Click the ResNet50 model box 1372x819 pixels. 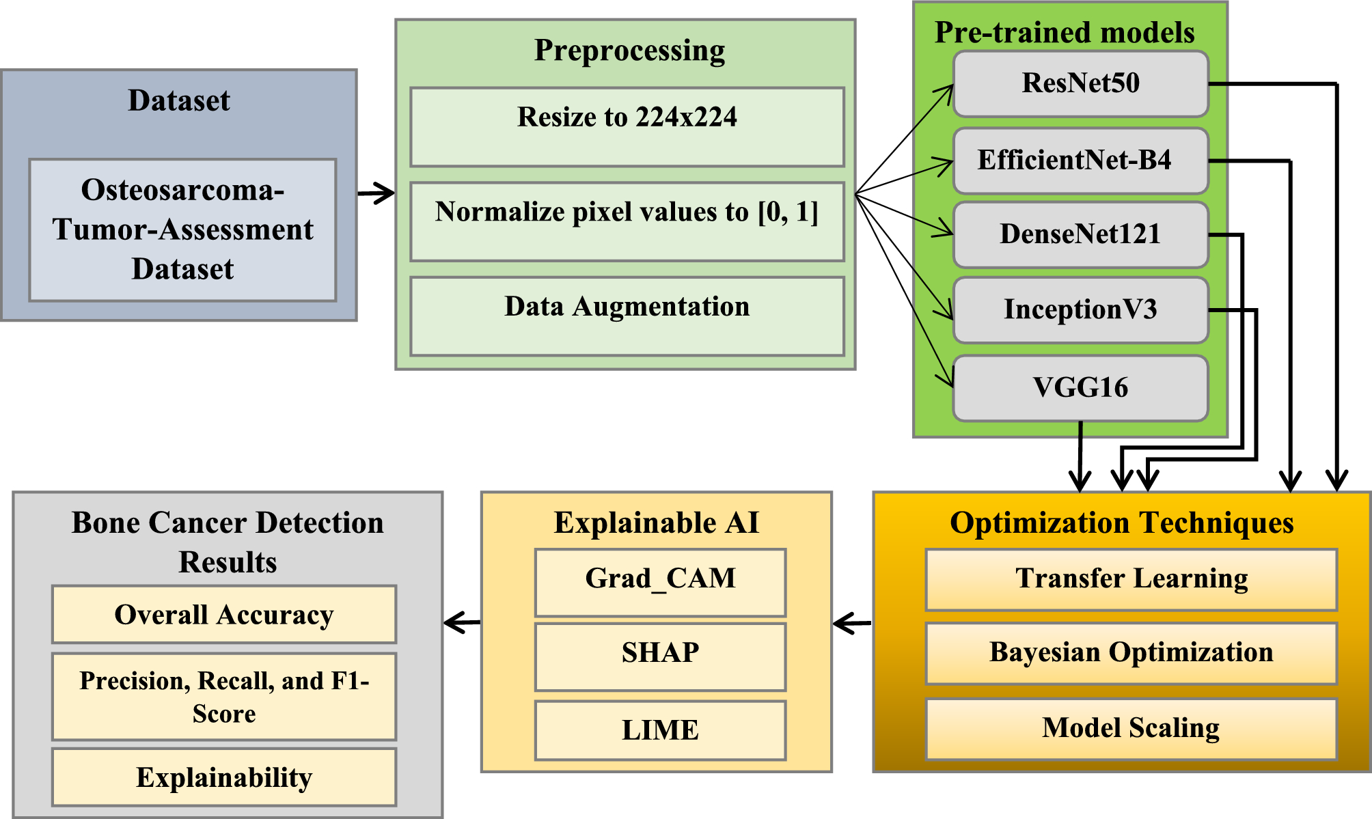click(1080, 84)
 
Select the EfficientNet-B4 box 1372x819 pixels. click(1080, 161)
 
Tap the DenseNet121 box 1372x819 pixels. click(1080, 234)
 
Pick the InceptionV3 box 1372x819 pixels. click(1080, 309)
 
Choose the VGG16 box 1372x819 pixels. click(1080, 388)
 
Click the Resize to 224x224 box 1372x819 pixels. click(627, 127)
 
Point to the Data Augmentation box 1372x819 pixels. click(627, 316)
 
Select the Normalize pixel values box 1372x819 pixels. click(627, 221)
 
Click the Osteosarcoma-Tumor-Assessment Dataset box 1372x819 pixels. click(182, 230)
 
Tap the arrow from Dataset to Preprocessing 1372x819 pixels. click(376, 193)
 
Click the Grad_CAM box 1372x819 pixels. click(660, 583)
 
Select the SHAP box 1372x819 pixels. click(660, 656)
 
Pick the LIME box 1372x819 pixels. click(660, 730)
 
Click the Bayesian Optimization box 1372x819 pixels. click(1131, 653)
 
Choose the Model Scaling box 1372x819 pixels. click(1131, 729)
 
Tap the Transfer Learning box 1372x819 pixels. click(1131, 579)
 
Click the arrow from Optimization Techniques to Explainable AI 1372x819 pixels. click(852, 623)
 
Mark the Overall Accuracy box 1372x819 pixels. click(224, 614)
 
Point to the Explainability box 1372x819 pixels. click(224, 777)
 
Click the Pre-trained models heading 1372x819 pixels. click(1064, 32)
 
